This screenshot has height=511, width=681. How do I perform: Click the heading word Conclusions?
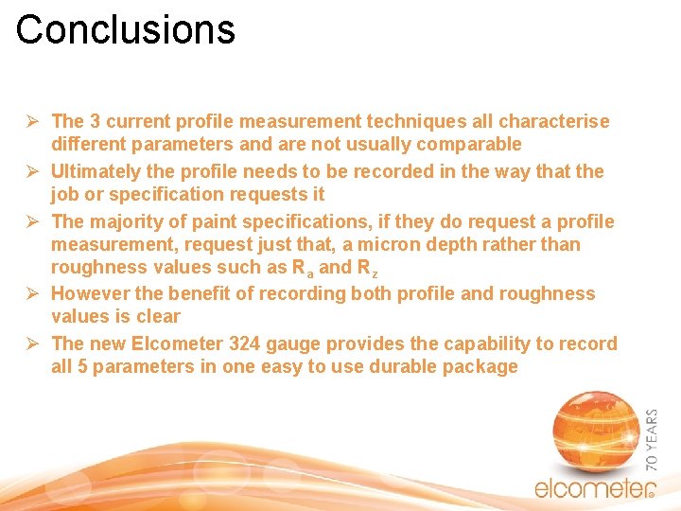tap(125, 29)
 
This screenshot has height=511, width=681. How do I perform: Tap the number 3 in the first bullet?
tap(96, 121)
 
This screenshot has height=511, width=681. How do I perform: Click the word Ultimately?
tap(95, 171)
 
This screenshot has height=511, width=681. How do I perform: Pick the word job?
tap(64, 194)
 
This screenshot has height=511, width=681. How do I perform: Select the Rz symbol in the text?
tap(368, 268)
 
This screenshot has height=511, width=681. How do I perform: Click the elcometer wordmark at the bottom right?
tap(593, 488)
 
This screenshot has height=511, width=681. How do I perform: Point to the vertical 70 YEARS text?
tap(653, 439)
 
